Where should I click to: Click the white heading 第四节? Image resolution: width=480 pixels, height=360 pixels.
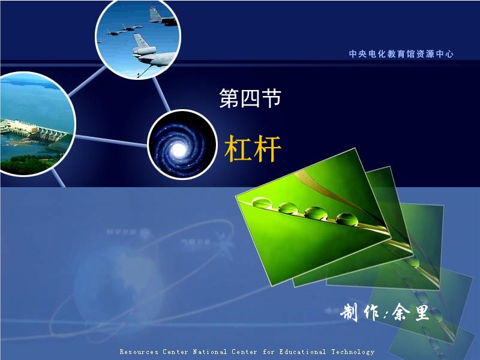250,98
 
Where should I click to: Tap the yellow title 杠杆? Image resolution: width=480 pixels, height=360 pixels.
253,148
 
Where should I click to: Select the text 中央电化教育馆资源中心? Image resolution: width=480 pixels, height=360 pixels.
401,54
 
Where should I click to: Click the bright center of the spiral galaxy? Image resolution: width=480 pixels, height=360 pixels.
179,149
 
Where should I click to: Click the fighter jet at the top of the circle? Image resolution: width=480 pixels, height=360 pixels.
162,17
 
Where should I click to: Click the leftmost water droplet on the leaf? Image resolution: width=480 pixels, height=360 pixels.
262,202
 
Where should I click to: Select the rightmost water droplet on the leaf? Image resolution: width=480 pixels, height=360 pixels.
347,219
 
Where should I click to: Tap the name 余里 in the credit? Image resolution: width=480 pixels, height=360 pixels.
410,312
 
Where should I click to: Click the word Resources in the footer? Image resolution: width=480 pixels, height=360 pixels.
139,352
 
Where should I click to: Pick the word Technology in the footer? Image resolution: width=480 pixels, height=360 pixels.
353,352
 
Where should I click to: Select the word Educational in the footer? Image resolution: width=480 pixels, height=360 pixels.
302,352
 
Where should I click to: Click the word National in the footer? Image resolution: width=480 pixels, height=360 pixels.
209,352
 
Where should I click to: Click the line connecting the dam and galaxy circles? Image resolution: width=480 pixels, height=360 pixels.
111,141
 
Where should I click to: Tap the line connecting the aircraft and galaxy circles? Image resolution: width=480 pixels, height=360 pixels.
161,94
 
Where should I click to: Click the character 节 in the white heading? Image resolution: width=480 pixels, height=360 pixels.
271,98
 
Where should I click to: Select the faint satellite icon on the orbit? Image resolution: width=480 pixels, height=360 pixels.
225,244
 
